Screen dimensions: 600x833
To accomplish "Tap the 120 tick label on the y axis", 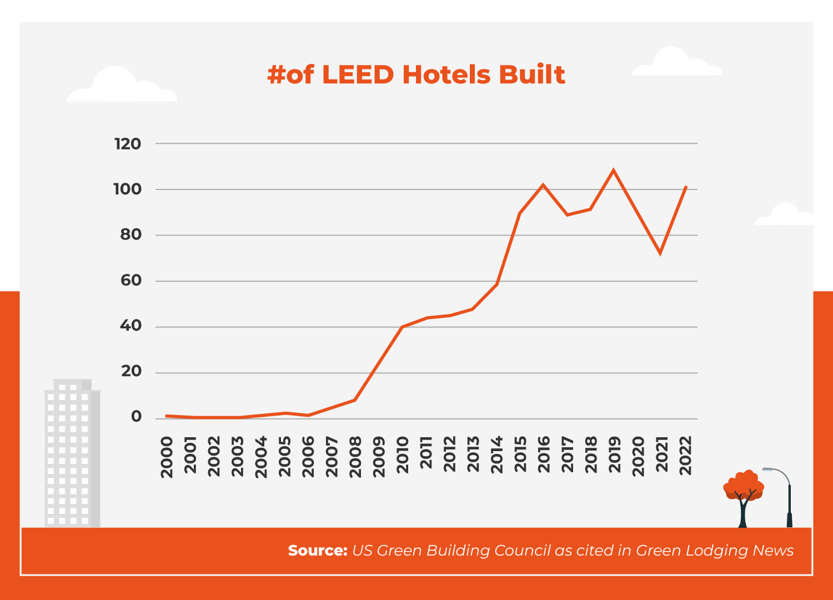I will point(128,144).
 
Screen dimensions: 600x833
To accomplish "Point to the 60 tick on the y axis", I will point(131,281).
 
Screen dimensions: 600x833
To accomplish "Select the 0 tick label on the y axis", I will point(136,417).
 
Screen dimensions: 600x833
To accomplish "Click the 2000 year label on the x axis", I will point(167,457).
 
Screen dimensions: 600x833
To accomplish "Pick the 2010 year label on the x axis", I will point(403,455).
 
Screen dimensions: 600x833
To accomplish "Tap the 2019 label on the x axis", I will point(615,455).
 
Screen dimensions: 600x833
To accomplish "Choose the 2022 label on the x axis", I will point(686,456).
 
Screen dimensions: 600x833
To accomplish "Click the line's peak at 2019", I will point(613,171).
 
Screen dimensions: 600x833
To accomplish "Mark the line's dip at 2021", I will point(660,253).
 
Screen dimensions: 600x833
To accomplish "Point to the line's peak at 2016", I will point(543,185).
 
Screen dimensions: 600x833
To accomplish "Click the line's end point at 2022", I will point(686,187).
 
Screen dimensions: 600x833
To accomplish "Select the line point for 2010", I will point(402,327).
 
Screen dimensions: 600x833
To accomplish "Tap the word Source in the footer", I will point(317,551).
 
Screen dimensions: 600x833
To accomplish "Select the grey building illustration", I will point(72,453).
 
